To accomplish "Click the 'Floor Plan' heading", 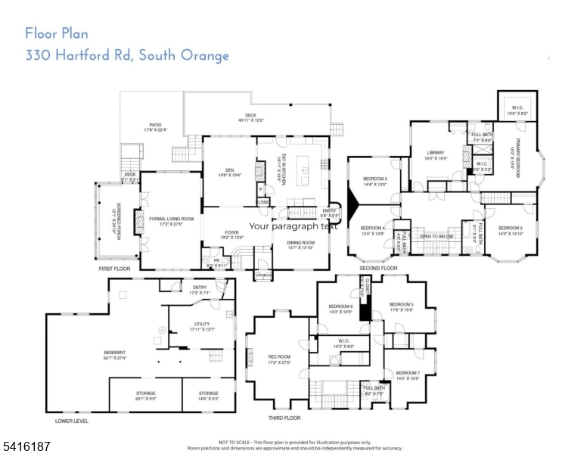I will (x=57, y=33).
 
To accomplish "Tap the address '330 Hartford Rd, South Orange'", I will (x=127, y=55).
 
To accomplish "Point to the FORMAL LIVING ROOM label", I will (x=166, y=220).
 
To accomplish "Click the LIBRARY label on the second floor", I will (x=434, y=154).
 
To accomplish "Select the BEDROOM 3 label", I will (x=375, y=180).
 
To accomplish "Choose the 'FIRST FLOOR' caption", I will (x=115, y=268).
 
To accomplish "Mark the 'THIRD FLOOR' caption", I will (x=284, y=418).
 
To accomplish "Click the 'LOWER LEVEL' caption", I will (x=72, y=421).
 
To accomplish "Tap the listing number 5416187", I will (x=26, y=446).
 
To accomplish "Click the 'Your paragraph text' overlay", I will (x=293, y=225).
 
